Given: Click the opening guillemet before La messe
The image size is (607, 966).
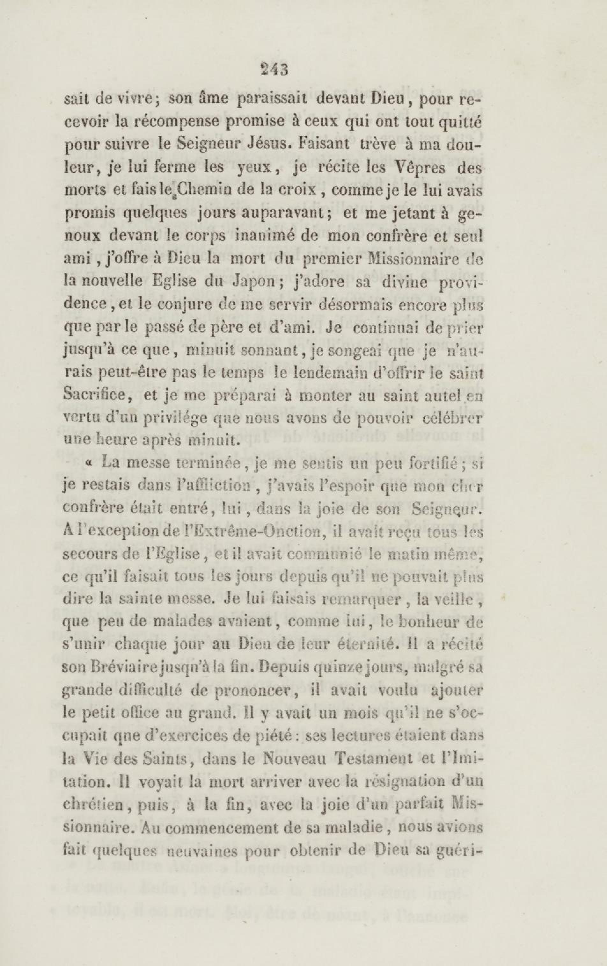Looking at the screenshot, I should click(x=89, y=464).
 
